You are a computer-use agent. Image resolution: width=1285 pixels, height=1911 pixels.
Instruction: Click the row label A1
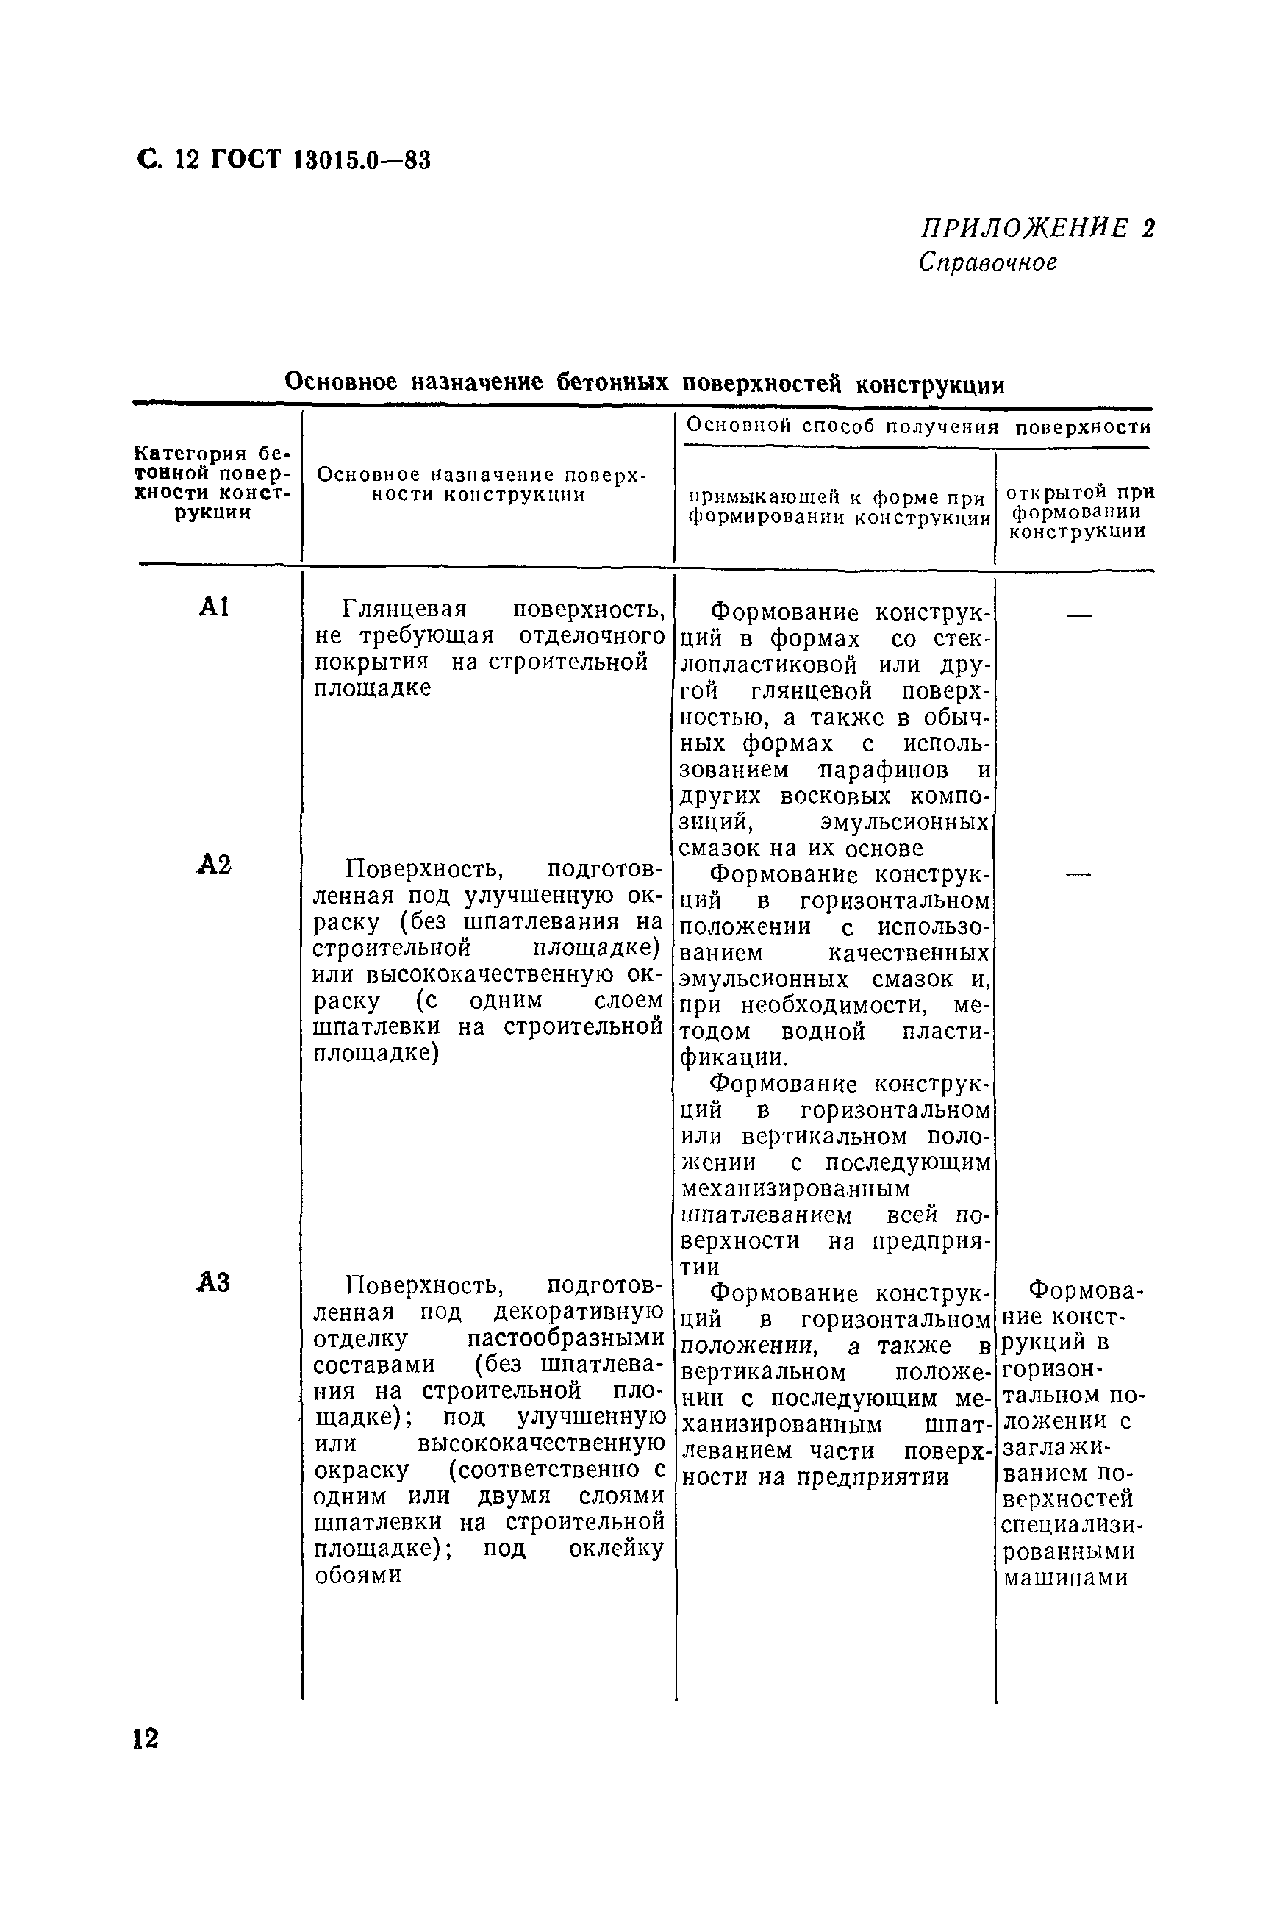pyautogui.click(x=214, y=607)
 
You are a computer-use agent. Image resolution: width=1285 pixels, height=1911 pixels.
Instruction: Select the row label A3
pyautogui.click(x=214, y=1282)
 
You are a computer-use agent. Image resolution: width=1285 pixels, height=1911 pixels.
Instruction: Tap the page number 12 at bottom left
pyautogui.click(x=145, y=1739)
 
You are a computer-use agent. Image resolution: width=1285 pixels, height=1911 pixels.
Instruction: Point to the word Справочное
pyautogui.click(x=987, y=262)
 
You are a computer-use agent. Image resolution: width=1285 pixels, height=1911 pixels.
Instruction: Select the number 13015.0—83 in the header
pyautogui.click(x=362, y=160)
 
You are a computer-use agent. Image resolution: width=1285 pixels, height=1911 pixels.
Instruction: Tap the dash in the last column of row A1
pyautogui.click(x=1079, y=615)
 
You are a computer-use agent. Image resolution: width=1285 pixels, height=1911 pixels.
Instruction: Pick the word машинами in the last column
pyautogui.click(x=1065, y=1577)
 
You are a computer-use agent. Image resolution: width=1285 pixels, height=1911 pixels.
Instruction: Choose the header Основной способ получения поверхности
pyautogui.click(x=918, y=426)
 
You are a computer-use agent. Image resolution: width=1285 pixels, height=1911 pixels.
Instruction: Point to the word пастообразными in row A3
pyautogui.click(x=565, y=1338)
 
